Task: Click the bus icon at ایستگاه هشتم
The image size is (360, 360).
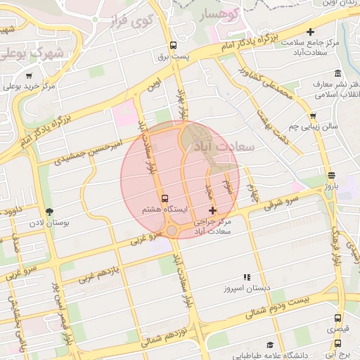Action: [x=165, y=199]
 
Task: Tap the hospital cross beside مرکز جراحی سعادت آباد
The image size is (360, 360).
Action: [x=213, y=210]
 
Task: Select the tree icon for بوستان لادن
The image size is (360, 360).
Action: [x=49, y=211]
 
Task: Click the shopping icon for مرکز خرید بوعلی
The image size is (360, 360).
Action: [x=29, y=76]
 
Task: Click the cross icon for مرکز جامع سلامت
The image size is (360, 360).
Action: [x=310, y=31]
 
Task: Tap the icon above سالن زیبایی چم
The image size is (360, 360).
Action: [x=313, y=116]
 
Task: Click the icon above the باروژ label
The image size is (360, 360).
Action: [x=331, y=175]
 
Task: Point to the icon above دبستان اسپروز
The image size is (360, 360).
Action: [x=246, y=278]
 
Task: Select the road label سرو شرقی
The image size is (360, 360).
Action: [x=281, y=198]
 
